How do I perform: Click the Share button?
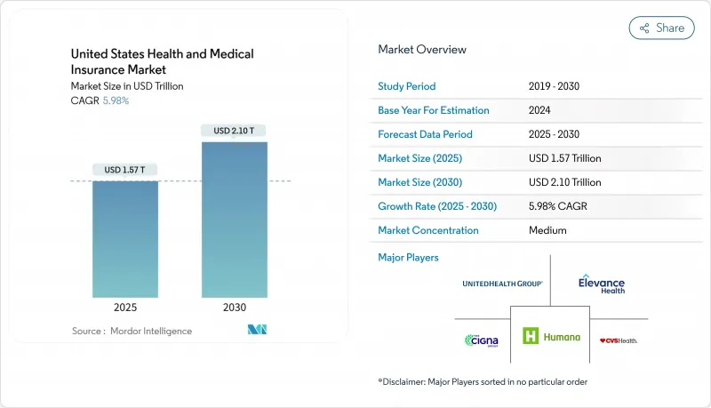661,28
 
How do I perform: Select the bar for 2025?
125,238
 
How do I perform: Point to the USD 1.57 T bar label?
125,170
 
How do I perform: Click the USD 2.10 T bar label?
234,131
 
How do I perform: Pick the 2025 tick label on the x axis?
125,307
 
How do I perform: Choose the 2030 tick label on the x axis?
234,307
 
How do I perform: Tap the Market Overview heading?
422,50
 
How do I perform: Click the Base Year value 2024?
540,110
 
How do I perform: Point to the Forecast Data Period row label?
425,134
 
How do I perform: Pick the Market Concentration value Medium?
547,230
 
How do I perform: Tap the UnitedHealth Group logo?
502,284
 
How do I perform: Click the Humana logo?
551,337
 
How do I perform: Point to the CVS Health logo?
619,340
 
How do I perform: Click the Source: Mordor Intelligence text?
132,331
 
